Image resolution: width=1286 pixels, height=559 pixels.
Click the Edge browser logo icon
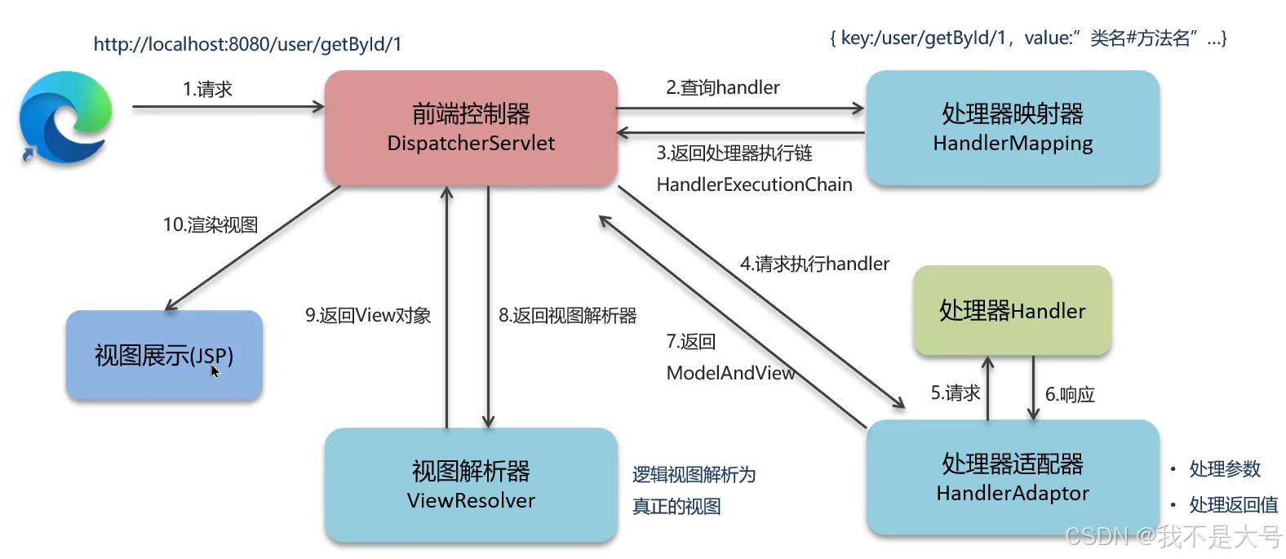tap(65, 117)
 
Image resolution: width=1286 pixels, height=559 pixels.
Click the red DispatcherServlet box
tap(471, 128)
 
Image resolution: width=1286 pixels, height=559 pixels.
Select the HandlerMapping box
tap(1012, 128)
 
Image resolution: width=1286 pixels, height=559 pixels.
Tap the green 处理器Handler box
tap(1012, 311)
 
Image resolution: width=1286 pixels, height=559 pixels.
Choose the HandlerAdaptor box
tap(1012, 477)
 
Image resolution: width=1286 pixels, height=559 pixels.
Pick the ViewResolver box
tap(471, 485)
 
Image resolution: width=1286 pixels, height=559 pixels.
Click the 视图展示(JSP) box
tap(164, 356)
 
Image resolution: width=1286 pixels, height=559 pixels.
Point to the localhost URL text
tap(247, 44)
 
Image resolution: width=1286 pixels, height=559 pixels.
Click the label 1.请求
tap(207, 89)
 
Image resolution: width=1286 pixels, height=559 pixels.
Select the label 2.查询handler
tap(722, 87)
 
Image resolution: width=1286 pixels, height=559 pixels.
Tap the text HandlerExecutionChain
tap(754, 184)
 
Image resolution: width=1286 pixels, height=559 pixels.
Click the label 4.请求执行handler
tap(814, 264)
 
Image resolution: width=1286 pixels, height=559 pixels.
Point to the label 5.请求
tap(955, 393)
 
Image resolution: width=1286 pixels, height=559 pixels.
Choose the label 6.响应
tap(1070, 395)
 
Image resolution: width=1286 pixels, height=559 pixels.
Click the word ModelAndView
tap(730, 373)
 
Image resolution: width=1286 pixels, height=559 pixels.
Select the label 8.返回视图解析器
tap(567, 316)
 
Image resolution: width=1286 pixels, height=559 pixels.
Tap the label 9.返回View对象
tap(368, 316)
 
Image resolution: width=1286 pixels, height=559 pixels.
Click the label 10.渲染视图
tap(211, 224)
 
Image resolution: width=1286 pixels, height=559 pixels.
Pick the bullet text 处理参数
tap(1224, 469)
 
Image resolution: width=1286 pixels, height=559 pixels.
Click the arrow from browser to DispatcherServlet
tap(228, 106)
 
